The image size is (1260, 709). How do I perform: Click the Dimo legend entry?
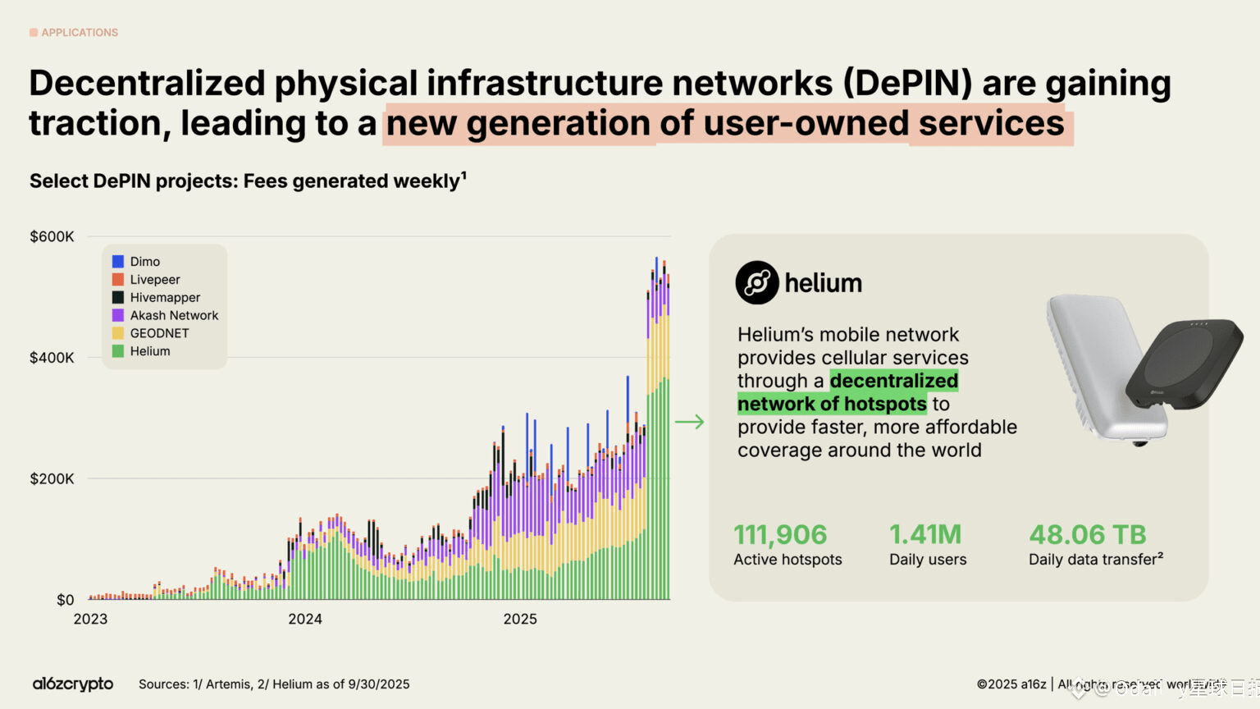click(x=144, y=262)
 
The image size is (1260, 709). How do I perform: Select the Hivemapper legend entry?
click(x=164, y=298)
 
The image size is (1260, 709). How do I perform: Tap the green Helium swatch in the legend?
click(x=118, y=351)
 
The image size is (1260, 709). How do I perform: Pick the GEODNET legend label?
click(x=159, y=333)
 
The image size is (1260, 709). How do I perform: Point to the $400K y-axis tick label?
click(x=52, y=358)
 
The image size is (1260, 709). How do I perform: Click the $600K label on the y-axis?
click(x=52, y=237)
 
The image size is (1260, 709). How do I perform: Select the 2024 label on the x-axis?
click(x=305, y=620)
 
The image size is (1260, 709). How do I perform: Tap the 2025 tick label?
click(x=520, y=620)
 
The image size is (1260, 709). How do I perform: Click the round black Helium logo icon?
click(x=756, y=283)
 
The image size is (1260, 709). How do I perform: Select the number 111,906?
click(x=780, y=535)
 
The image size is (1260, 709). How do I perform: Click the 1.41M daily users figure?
click(x=925, y=535)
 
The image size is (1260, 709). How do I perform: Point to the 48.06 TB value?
click(x=1087, y=535)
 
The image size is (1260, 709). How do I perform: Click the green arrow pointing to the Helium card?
click(x=689, y=422)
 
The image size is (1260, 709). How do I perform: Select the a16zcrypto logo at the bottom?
click(x=73, y=684)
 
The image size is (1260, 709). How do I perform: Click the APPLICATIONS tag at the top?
click(x=80, y=33)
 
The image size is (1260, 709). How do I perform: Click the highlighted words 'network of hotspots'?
click(x=832, y=404)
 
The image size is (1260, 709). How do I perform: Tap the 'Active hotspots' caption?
click(x=787, y=560)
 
